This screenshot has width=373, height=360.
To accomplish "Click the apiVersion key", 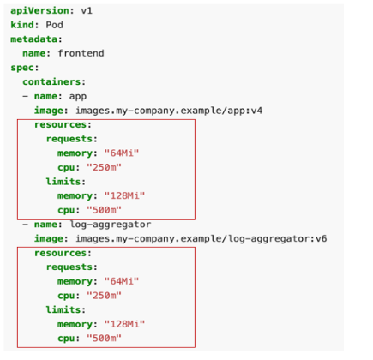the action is click(x=39, y=11).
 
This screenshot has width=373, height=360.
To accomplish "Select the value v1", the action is click(x=87, y=11).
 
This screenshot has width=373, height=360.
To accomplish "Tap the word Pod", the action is click(x=54, y=25).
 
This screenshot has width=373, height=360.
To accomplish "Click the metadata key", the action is click(x=33, y=39).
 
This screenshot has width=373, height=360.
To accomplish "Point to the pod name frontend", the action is click(x=81, y=53).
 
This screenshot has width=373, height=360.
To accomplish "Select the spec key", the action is click(x=22, y=68).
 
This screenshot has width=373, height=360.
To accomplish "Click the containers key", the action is click(x=51, y=82).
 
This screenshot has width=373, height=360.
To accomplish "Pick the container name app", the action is click(x=78, y=97).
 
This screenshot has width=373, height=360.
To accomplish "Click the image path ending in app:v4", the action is click(x=169, y=111).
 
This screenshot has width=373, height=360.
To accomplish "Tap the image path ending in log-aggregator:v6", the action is click(x=202, y=238).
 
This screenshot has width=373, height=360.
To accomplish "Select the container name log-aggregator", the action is click(x=111, y=225).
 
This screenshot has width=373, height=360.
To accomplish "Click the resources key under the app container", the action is click(x=60, y=125).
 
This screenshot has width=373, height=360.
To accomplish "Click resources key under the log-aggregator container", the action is click(x=60, y=253).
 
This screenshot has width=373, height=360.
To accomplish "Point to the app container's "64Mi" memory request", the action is click(x=122, y=153).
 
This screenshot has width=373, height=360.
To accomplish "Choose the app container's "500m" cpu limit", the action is click(x=104, y=210).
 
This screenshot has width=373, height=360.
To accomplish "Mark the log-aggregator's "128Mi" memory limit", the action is click(x=124, y=324).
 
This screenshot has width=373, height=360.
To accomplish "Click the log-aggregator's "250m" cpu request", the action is click(x=104, y=296).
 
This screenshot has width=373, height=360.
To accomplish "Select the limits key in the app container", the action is click(x=63, y=182).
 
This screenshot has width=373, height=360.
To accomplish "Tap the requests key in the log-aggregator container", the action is click(x=69, y=267).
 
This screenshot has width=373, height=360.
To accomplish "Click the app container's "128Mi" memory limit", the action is click(x=124, y=195).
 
